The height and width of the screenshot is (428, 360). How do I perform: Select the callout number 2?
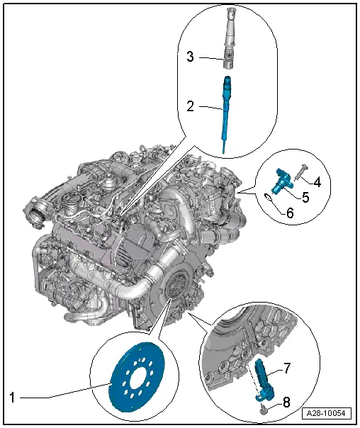191,108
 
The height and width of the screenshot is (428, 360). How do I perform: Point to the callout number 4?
317,182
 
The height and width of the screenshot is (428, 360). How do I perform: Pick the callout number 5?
305,196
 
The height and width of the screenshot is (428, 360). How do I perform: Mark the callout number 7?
288,369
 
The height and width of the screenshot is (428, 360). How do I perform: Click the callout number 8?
286,402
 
